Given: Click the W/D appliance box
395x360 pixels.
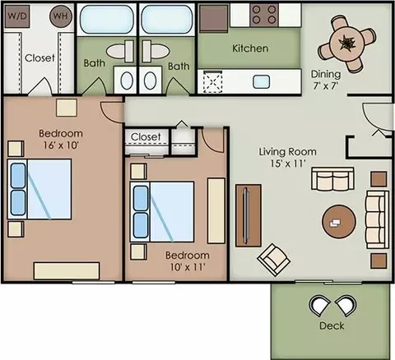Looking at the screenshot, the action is coord(17,16).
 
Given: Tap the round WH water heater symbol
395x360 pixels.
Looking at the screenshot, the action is coord(61,16).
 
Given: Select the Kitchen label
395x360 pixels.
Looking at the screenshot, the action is coord(250,48).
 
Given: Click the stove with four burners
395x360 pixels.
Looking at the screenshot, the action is coord(264,15).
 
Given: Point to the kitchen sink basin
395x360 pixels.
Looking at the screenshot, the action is coord(261,82).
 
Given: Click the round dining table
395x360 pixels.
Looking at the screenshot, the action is coord(346,44).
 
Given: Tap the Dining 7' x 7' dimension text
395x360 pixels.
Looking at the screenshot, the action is coord(326,80).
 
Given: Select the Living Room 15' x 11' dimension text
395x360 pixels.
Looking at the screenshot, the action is coord(288,157).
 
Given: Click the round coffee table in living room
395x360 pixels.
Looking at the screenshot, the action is coord(339,222).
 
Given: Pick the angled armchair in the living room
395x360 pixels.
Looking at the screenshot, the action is coord(274,260).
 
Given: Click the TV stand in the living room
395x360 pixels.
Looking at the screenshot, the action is coord(249,215).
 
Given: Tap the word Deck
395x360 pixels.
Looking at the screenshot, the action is coord(332,325).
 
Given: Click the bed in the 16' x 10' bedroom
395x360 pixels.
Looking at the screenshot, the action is coord(39,189).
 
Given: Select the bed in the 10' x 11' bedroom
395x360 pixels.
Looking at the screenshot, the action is coord(162,212).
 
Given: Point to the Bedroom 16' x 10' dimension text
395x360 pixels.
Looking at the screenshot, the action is coord(61,139).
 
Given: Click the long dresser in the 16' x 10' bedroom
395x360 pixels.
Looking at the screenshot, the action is coord(67,271).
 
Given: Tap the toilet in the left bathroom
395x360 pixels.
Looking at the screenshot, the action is coord(120,51).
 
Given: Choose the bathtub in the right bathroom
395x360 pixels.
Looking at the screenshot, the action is coord(167,20).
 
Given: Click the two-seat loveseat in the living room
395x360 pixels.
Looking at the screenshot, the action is coord(332,179).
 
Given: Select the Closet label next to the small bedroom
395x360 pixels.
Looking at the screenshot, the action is coord(146,136).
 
